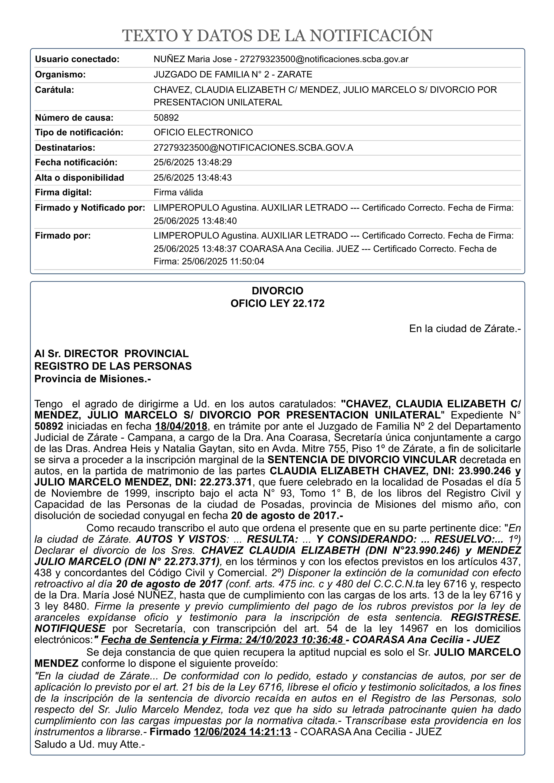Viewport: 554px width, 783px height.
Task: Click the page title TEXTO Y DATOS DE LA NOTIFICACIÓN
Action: coord(277,36)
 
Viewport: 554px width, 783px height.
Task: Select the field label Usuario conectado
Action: coord(77,59)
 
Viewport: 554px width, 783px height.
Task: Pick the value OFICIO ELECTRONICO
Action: coord(203,132)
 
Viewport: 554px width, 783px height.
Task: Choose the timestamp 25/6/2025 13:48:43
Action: coord(192,178)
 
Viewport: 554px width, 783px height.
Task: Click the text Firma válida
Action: coord(178,192)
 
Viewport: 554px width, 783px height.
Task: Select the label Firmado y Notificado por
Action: coord(90,208)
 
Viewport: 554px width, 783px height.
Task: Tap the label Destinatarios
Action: coord(65,148)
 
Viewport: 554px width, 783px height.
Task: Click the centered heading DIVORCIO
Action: coord(277,291)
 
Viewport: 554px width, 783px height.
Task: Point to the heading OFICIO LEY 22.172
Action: coord(277,304)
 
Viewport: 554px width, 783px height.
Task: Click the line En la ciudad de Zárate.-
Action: coord(465,329)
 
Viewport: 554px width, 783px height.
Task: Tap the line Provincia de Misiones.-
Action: coord(93,379)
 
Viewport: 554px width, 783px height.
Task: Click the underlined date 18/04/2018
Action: coord(181,427)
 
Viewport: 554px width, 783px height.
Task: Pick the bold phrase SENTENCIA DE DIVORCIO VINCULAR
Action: coord(362,460)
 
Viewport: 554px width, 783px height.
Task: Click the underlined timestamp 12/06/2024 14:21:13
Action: coord(242,732)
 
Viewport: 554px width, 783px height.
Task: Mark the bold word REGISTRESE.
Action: coord(486,617)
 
